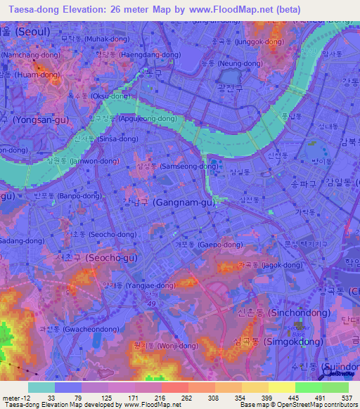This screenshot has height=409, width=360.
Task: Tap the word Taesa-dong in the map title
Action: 28,9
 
